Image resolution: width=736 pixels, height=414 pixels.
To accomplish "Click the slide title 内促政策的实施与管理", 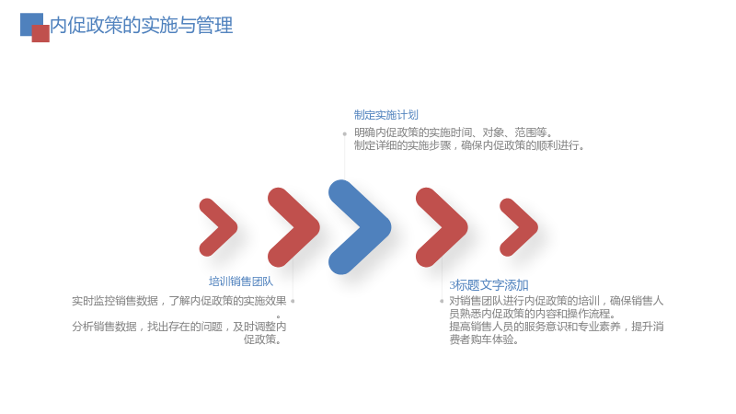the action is tap(142, 26).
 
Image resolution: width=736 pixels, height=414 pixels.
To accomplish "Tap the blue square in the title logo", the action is tap(29, 20).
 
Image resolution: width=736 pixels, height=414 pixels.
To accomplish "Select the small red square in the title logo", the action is tap(40, 33).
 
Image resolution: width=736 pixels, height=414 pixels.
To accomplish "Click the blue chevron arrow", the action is tap(360, 227).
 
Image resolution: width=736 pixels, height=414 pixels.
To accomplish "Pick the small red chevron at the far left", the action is tap(218, 227).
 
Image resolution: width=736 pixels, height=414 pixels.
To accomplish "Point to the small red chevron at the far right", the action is tap(519, 227).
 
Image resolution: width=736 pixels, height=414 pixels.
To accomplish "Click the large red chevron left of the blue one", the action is tap(293, 227).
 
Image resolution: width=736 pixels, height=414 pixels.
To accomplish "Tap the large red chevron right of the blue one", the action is tap(442, 227).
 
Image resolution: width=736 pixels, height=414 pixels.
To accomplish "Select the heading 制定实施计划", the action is tap(385, 115).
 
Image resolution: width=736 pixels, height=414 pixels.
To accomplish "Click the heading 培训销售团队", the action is tap(241, 282).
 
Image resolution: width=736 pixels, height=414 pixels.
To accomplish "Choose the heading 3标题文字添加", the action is tap(489, 285).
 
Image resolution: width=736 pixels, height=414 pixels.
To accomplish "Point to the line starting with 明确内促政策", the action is tap(454, 132).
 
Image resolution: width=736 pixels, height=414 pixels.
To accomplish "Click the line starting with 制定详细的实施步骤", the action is tap(470, 145).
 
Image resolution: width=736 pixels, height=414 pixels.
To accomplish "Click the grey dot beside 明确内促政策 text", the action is tap(344, 133).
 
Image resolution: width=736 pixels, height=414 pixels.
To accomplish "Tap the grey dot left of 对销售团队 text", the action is tap(442, 301).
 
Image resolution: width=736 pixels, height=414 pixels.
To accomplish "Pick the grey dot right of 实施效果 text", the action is tap(293, 301).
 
